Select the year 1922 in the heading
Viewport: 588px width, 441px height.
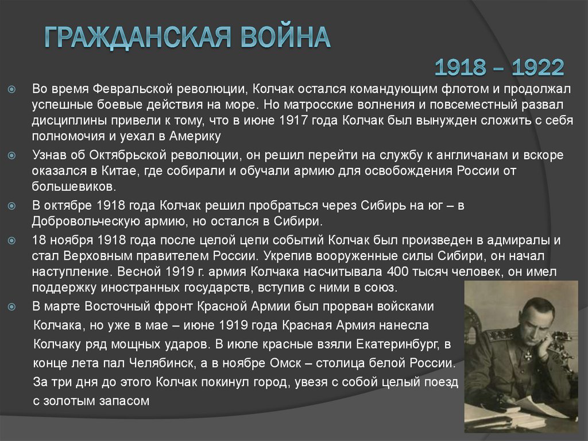[x=538, y=68]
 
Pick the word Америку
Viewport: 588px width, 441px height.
[x=194, y=136]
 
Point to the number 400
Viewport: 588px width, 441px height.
[x=400, y=271]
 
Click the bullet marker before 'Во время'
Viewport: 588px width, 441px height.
[x=12, y=91]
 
